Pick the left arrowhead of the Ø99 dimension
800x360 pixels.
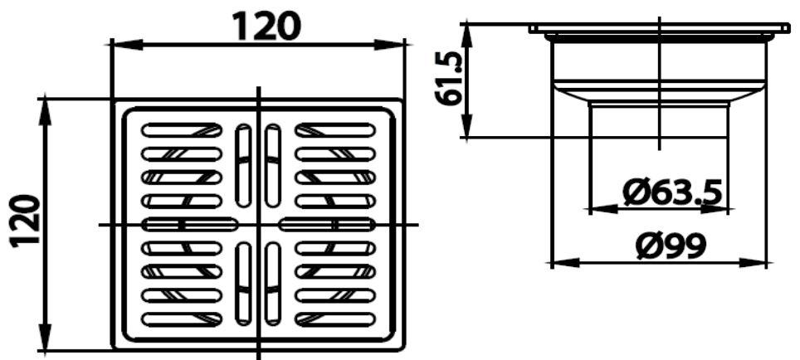560,263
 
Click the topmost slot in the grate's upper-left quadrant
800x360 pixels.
183,129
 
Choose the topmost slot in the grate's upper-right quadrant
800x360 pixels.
335,129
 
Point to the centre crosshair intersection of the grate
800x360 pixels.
259,224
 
